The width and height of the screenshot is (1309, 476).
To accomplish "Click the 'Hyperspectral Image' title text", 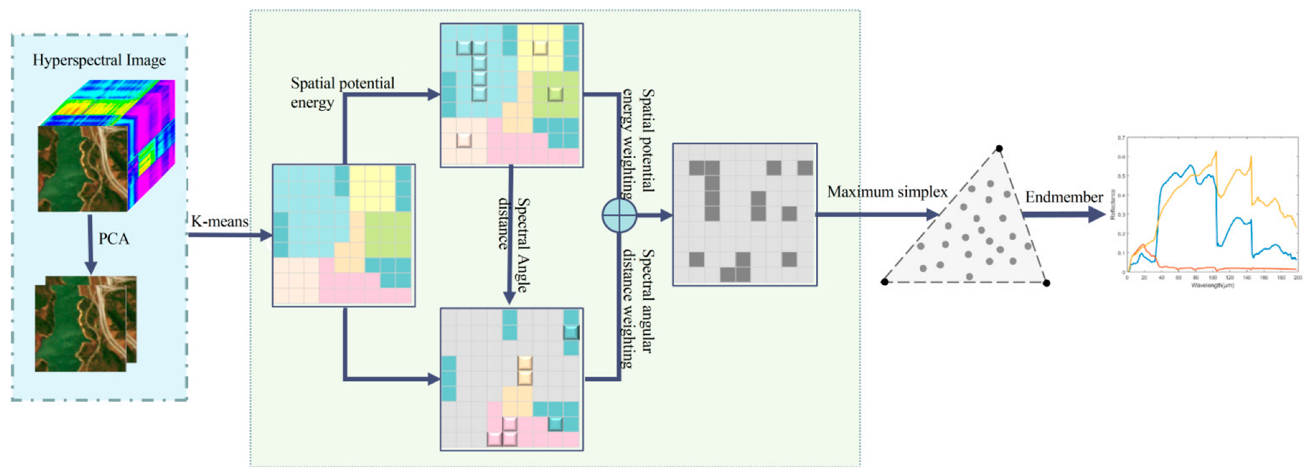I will pos(99,60).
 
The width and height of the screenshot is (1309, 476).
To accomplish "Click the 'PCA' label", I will pos(113,239).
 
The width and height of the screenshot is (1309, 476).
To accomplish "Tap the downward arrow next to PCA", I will pos(90,246).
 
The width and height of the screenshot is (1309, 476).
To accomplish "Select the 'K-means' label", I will pos(220,221).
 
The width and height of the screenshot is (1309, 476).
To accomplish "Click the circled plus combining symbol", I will pos(619,216).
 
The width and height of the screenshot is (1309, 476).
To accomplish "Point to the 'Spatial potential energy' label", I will pos(342,93).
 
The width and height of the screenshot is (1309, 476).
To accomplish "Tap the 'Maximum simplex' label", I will pos(887,192).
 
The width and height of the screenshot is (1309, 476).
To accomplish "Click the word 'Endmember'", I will pos(1064,197).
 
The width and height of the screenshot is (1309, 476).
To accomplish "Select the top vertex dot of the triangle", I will pos(999,148).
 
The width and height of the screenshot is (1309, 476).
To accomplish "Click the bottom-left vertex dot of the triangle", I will pos(885,282).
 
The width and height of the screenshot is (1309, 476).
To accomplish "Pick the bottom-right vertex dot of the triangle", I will pos(1047,283).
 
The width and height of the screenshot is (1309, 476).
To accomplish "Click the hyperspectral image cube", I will pos(106,146).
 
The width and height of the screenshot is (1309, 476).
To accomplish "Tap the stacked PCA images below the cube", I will pos(85,324).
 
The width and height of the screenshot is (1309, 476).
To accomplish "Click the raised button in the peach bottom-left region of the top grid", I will pos(463,140).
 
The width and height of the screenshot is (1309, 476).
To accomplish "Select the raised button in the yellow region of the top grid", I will pos(540,47).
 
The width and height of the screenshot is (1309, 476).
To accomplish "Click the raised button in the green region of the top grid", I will pos(555,94).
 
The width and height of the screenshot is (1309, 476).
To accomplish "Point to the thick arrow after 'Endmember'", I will pos(1066,214).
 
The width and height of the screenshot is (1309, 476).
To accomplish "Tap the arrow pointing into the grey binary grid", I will pos(656,216).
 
